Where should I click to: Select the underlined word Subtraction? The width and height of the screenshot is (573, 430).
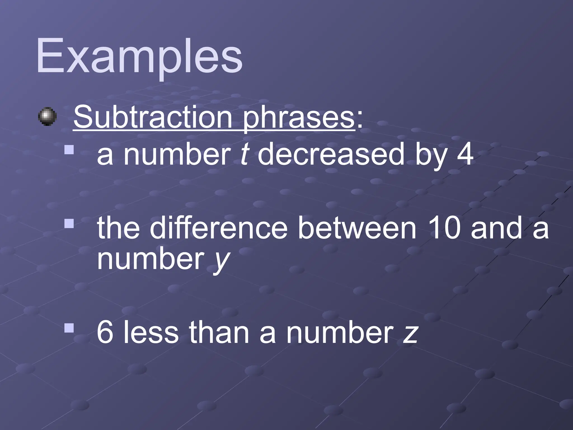pos(153,117)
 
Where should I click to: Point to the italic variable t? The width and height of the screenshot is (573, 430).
pos(244,154)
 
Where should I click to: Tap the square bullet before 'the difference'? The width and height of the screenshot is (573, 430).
pos(69,224)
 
